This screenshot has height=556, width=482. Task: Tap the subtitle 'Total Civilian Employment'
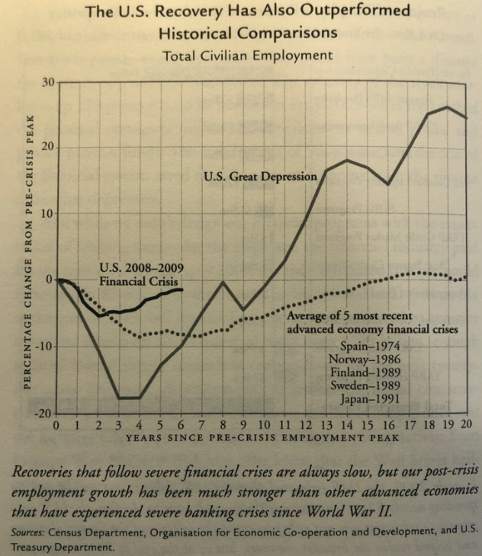click(x=247, y=55)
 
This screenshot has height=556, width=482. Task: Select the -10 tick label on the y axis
click(x=43, y=347)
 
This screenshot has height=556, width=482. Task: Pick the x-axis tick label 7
click(x=202, y=423)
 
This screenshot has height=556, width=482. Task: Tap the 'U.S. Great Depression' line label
click(x=260, y=177)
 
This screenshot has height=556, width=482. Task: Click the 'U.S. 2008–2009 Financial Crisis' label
click(x=142, y=274)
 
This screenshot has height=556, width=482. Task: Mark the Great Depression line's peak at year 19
click(x=446, y=107)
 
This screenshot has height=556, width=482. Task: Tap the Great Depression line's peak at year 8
click(x=223, y=282)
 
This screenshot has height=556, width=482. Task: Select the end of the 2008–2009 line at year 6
click(x=181, y=289)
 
